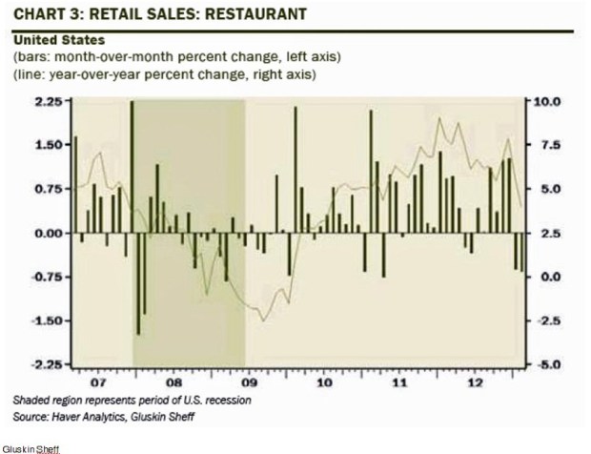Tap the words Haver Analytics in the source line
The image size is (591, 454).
point(92,416)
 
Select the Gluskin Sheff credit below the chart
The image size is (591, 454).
point(29,446)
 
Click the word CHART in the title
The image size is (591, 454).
point(36,15)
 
